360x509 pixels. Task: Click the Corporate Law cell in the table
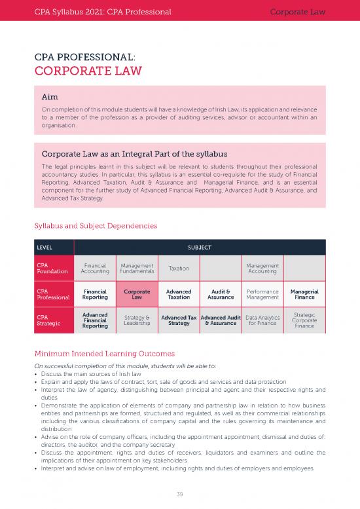tap(137, 295)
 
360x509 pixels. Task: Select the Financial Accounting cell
tap(96, 269)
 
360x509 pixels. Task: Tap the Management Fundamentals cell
tap(137, 269)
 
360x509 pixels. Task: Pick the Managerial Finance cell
tap(304, 295)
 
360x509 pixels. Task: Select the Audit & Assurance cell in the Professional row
tap(221, 295)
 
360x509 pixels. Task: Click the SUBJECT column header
tap(199, 248)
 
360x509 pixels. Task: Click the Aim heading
tap(50, 97)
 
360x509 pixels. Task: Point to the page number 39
tap(179, 494)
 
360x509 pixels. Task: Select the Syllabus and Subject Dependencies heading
tap(96, 226)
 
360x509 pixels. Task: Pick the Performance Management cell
tap(262, 295)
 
